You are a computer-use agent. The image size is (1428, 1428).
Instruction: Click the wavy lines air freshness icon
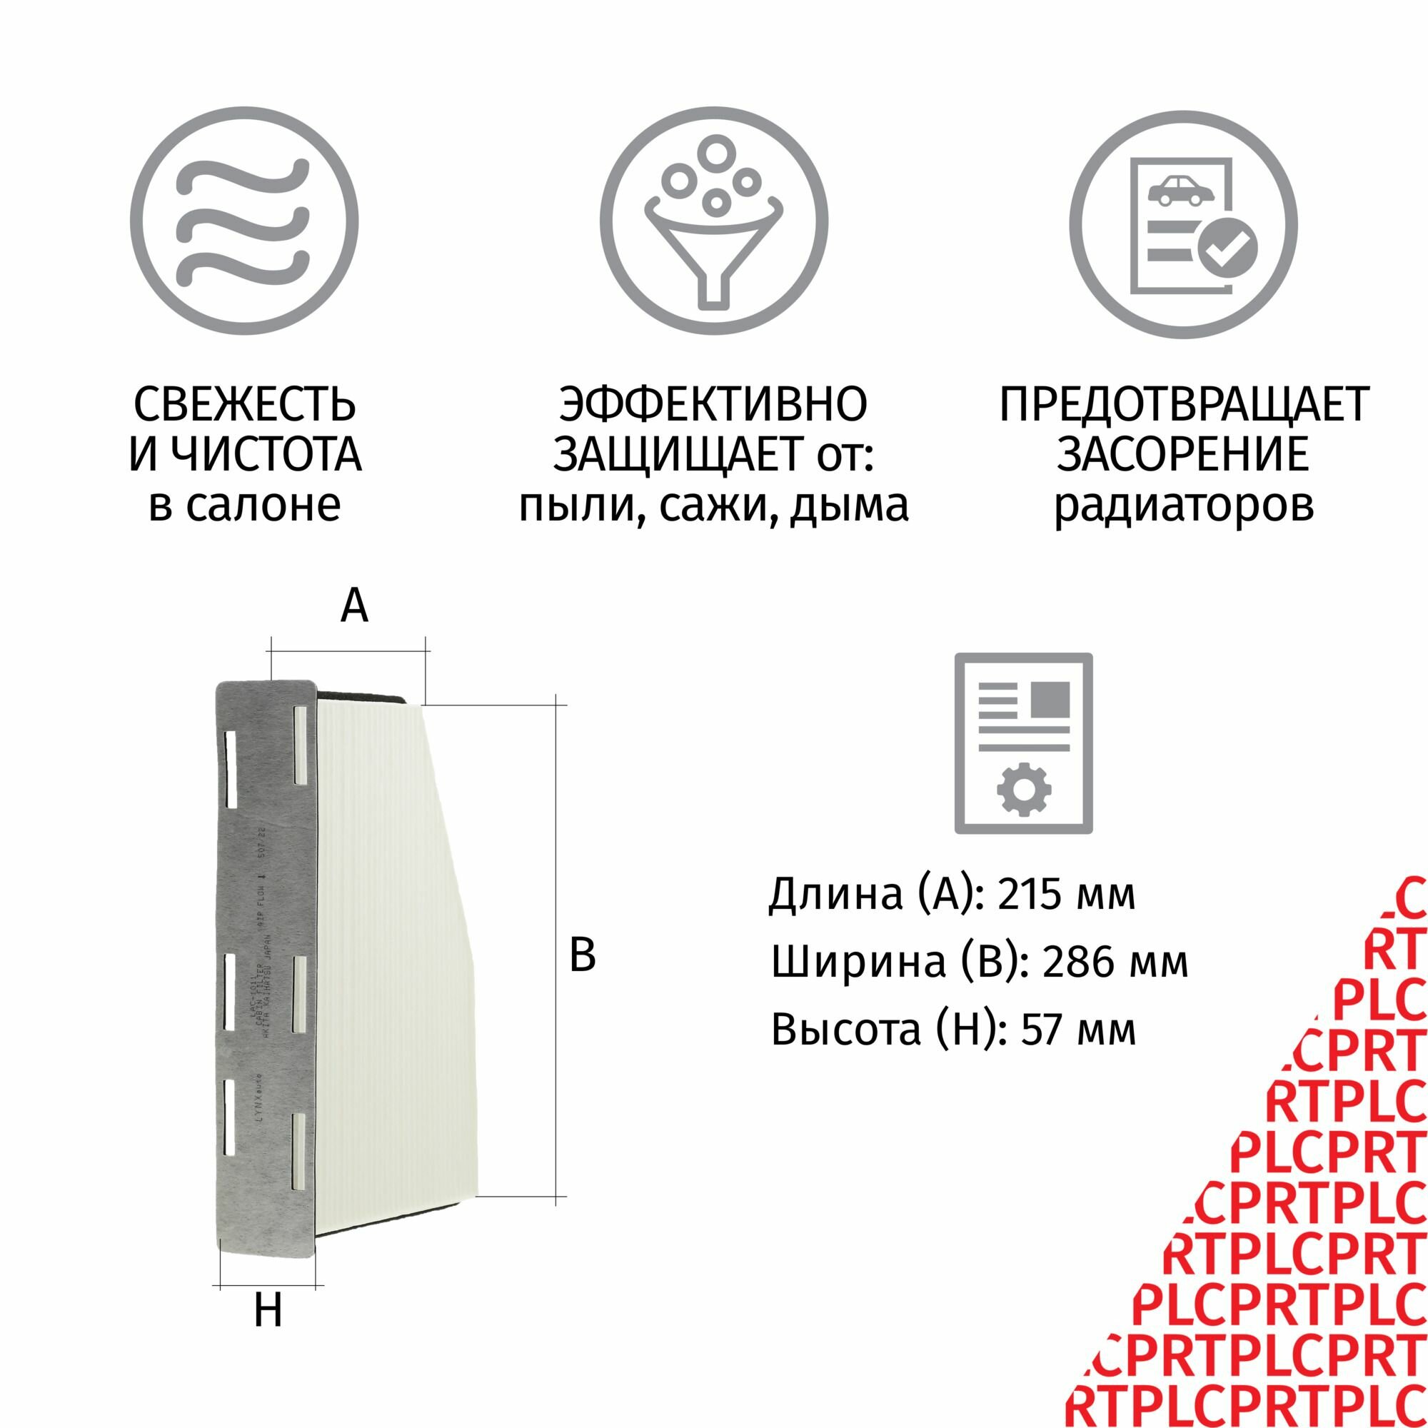click(244, 223)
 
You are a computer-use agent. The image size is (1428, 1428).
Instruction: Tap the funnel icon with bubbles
click(713, 223)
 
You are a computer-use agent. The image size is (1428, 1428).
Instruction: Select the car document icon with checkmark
click(1182, 223)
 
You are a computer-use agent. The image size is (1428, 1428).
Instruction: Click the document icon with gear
click(1023, 743)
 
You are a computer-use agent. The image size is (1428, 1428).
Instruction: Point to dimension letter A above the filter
click(354, 607)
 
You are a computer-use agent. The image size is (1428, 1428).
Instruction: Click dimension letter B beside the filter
click(583, 954)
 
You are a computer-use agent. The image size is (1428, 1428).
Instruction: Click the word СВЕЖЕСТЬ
click(245, 404)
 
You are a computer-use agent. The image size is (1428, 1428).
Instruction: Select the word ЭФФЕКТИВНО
click(713, 404)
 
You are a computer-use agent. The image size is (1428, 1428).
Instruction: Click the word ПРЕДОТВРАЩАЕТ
click(1184, 404)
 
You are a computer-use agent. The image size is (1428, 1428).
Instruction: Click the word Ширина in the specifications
click(858, 962)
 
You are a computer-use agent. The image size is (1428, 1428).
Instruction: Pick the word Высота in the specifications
click(845, 1030)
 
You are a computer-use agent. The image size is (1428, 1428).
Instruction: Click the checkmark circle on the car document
click(1226, 248)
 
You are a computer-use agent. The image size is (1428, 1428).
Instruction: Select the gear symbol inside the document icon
click(1024, 789)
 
